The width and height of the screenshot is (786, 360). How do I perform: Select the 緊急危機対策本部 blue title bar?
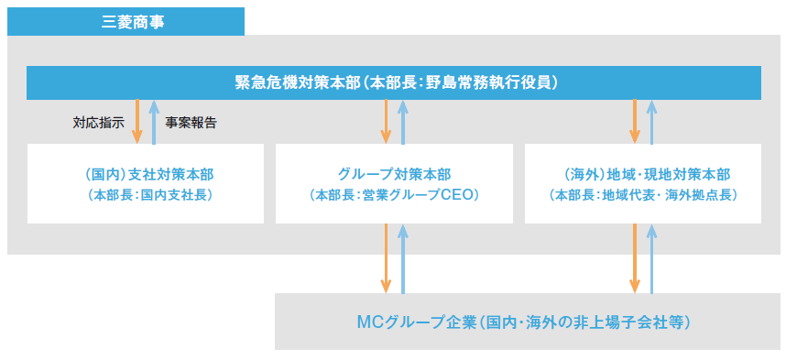click(393, 82)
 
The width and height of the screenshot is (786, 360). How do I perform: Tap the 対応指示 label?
click(98, 122)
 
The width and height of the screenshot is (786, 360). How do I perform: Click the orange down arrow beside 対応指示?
click(137, 121)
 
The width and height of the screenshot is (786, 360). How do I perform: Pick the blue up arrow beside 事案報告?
click(154, 121)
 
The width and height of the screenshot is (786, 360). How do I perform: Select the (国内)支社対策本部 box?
click(145, 183)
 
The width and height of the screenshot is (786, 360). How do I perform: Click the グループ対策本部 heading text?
click(394, 174)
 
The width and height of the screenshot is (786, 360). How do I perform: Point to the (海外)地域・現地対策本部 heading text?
click(642, 174)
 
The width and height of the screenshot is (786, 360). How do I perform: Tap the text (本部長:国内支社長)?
click(145, 195)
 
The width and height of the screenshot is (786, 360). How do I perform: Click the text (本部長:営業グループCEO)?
click(394, 195)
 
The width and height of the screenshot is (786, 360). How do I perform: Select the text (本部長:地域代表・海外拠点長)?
click(642, 195)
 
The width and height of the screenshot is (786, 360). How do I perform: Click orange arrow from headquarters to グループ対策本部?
click(386, 121)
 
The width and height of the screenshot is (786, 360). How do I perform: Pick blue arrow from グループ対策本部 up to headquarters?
click(402, 121)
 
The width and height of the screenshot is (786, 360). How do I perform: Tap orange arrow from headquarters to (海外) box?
click(634, 121)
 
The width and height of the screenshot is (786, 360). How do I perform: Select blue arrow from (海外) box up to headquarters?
click(651, 121)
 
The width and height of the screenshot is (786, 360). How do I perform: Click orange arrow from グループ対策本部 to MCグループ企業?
click(386, 258)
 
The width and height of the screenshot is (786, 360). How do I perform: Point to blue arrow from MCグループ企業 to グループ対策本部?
click(402, 258)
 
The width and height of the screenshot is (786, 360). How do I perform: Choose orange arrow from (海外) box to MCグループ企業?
click(634, 258)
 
